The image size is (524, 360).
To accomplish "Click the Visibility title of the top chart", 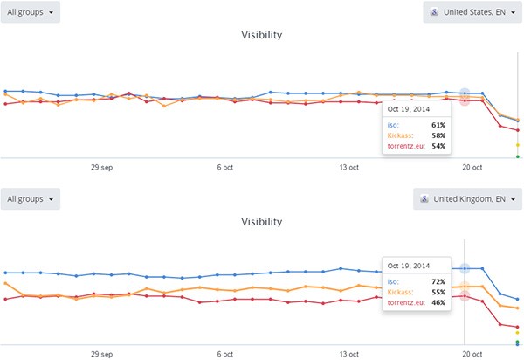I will point(261,36).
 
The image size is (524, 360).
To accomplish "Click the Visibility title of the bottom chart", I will point(261,222).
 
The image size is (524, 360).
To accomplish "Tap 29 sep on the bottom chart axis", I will point(102,354).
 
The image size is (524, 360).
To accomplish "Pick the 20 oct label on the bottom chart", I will point(472,354).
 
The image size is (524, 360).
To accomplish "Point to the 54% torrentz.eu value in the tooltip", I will point(438,146).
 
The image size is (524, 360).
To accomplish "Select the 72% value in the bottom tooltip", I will point(438,281).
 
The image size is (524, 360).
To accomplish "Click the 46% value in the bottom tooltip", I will point(438,302).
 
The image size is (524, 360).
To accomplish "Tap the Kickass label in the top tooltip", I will point(397,135).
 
